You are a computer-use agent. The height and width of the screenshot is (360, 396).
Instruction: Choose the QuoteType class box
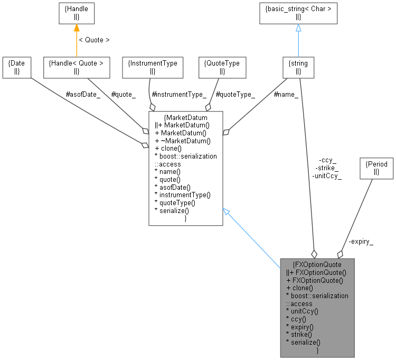click(x=222, y=67)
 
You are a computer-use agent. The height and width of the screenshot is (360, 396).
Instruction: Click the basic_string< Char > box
click(x=298, y=13)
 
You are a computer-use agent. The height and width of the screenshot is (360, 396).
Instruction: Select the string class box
click(x=298, y=67)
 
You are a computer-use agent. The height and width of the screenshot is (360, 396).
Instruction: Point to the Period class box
click(x=376, y=168)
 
